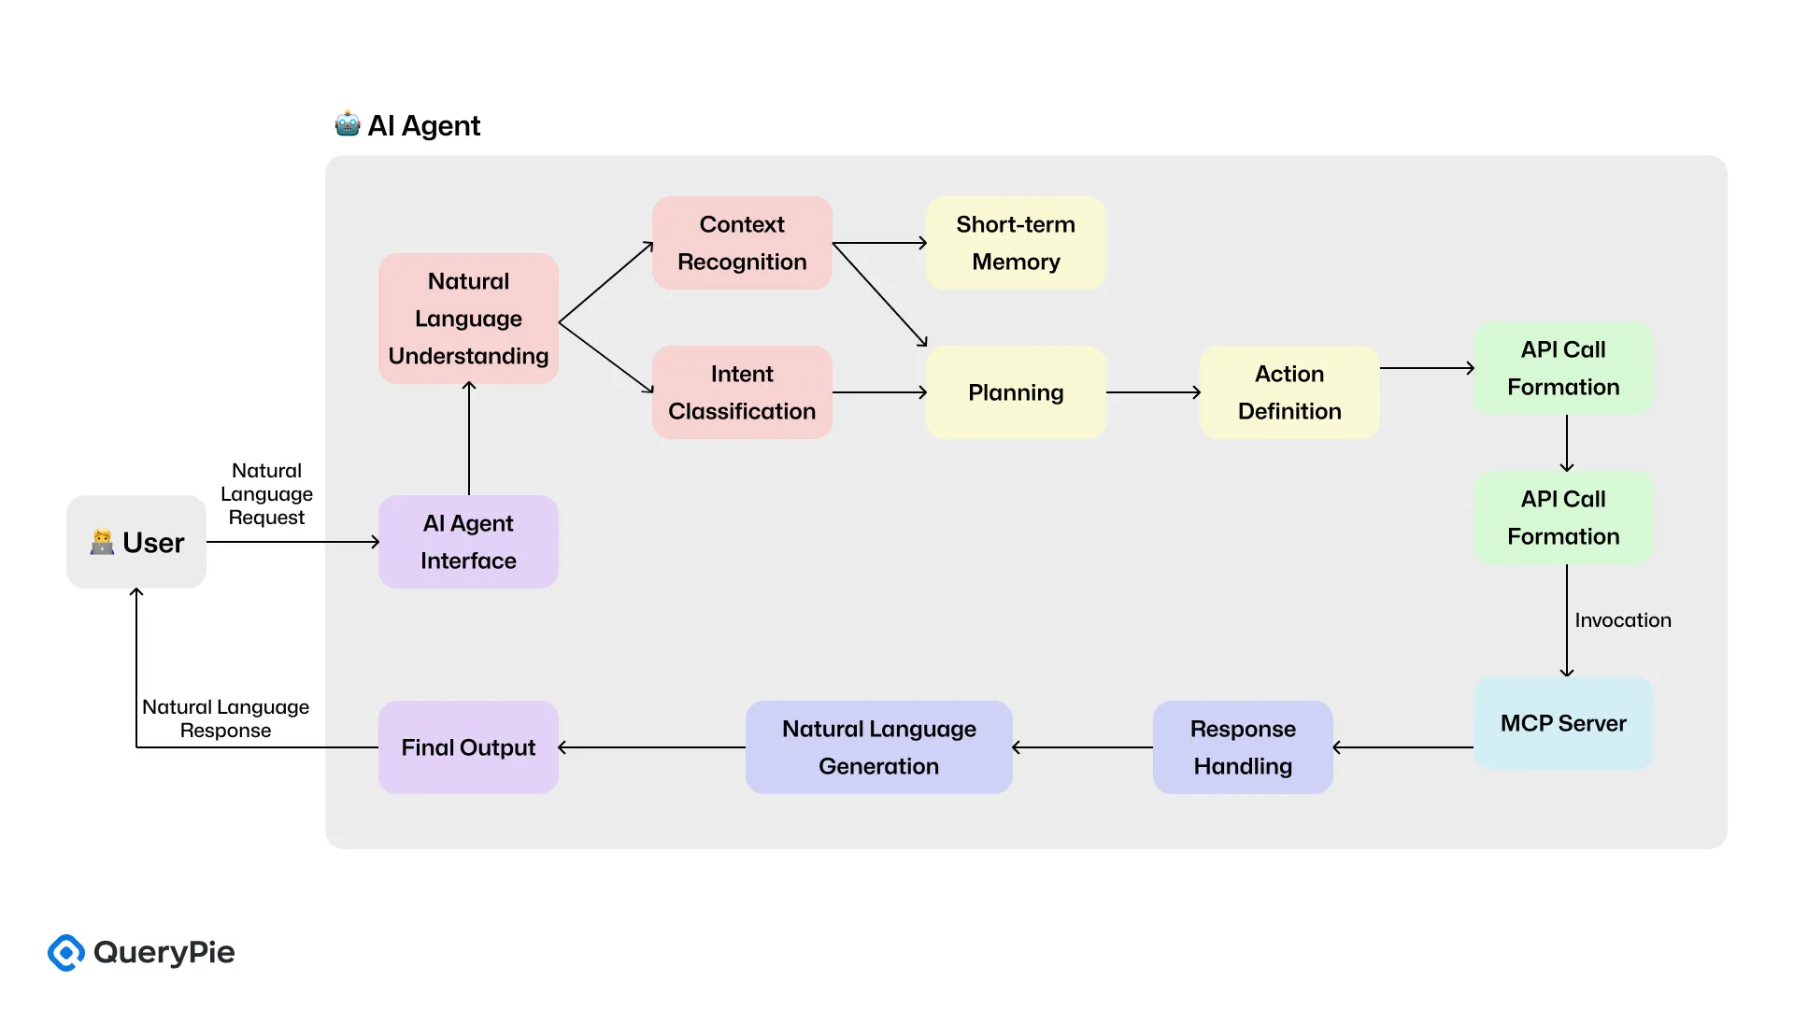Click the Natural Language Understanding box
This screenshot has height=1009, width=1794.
pyautogui.click(x=468, y=319)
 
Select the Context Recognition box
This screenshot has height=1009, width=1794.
pyautogui.click(x=742, y=243)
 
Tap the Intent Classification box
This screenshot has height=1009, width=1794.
pyautogui.click(x=742, y=392)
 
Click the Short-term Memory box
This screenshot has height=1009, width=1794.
pyautogui.click(x=1016, y=243)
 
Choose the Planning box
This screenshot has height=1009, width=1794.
pyautogui.click(x=1016, y=392)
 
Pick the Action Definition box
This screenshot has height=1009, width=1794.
pyautogui.click(x=1289, y=392)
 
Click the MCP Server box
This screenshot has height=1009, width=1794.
pyautogui.click(x=1563, y=723)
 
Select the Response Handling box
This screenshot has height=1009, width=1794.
pyautogui.click(x=1243, y=747)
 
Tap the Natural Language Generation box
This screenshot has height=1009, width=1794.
pyautogui.click(x=878, y=747)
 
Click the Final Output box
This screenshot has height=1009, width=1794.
pyautogui.click(x=468, y=747)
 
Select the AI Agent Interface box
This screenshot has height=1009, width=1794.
pyautogui.click(x=468, y=542)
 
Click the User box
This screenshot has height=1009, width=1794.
pyautogui.click(x=136, y=542)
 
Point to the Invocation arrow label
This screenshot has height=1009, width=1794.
pyautogui.click(x=1622, y=620)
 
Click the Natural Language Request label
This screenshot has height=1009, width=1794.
pyautogui.click(x=266, y=494)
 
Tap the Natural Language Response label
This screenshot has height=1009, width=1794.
pyautogui.click(x=225, y=718)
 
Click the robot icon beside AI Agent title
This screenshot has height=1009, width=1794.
pyautogui.click(x=348, y=124)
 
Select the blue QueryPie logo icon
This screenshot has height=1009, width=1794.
pyautogui.click(x=66, y=952)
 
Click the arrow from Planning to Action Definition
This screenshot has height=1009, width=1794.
pyautogui.click(x=1153, y=392)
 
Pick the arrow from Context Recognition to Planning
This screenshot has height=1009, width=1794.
pyautogui.click(x=879, y=294)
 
